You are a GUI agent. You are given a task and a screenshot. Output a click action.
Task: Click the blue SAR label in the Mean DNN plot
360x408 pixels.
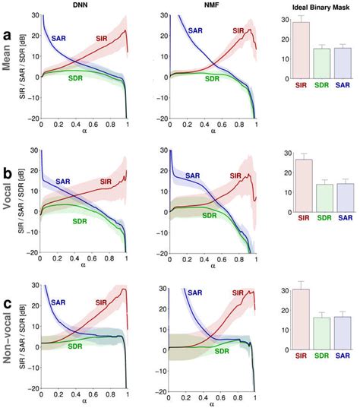pos(59,36)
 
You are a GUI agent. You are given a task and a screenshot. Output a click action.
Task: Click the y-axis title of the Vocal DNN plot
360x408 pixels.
pos(27,201)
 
